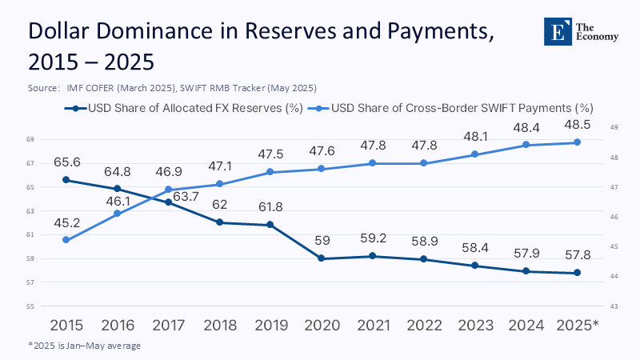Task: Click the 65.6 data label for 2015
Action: tap(66, 162)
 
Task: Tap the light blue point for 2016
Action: tap(118, 214)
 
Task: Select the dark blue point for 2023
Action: tap(474, 266)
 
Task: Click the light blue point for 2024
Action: tap(526, 145)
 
